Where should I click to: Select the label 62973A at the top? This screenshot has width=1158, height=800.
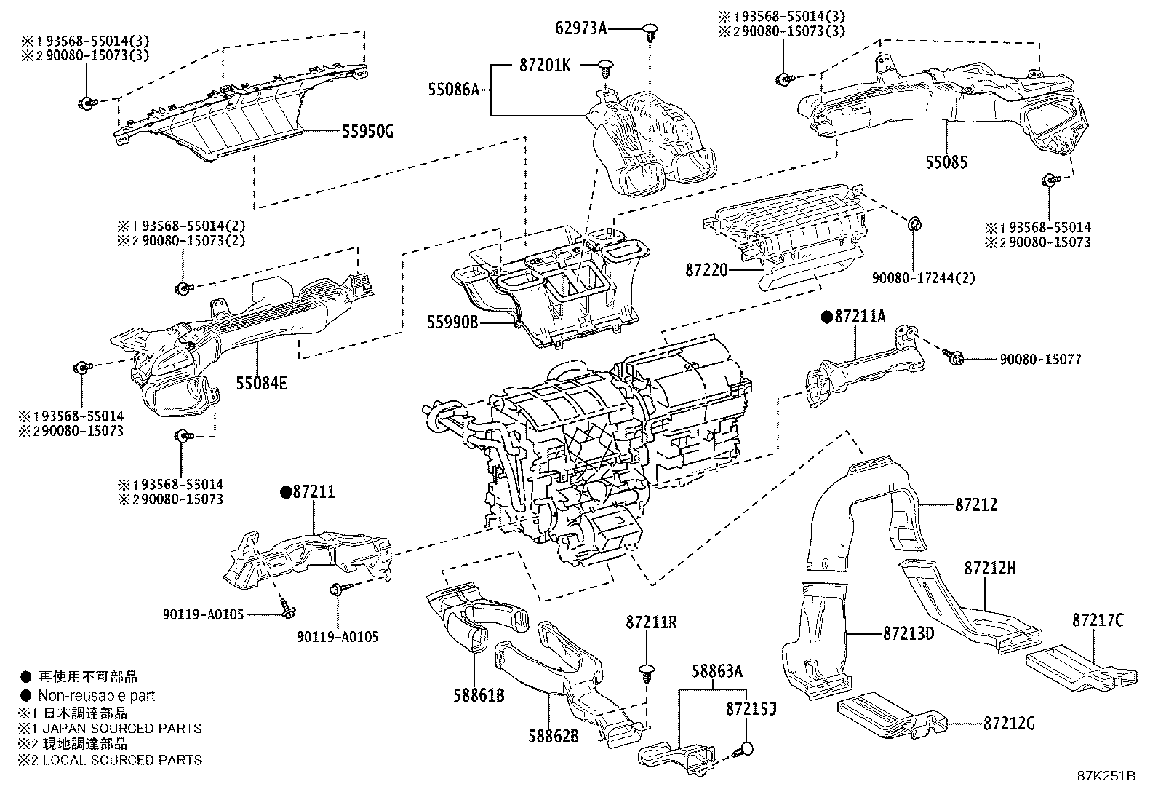click(580, 28)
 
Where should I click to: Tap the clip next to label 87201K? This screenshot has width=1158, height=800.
click(604, 67)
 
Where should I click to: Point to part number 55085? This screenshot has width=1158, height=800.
click(946, 162)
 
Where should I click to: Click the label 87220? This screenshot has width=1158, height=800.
click(706, 270)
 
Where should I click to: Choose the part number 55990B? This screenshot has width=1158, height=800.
click(452, 321)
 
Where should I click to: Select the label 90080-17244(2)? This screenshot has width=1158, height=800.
click(924, 278)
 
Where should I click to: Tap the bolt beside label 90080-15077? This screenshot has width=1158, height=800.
click(955, 357)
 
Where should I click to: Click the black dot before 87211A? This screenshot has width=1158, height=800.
click(826, 317)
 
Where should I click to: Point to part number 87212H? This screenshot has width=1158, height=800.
click(990, 568)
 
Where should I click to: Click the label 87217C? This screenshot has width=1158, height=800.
click(1097, 620)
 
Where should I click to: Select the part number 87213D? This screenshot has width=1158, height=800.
click(909, 633)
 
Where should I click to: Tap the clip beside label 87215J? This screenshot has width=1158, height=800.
click(746, 748)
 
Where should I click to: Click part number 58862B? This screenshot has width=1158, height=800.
click(553, 735)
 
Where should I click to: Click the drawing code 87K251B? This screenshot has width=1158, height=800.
click(1106, 775)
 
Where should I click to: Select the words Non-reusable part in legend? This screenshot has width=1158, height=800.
click(97, 696)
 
